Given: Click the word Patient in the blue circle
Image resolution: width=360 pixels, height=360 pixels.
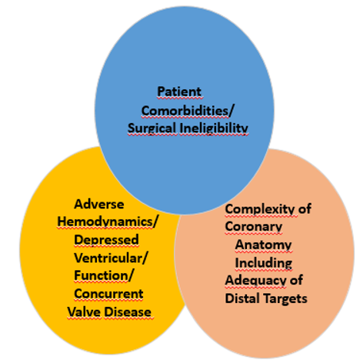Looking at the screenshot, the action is (x=179, y=92).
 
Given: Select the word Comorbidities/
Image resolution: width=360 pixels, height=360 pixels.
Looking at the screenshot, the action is (x=188, y=111).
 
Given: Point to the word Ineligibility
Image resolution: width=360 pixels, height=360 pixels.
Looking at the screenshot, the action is (x=214, y=128).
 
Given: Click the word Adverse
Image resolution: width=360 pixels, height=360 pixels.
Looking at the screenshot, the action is (x=99, y=205).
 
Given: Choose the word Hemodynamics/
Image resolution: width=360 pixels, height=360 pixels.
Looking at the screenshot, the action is (x=107, y=222).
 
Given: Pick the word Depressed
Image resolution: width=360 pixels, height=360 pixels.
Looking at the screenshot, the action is (x=106, y=240).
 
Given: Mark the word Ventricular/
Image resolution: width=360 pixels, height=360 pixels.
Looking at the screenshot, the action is (x=111, y=258).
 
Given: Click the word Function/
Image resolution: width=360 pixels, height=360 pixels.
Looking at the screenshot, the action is (x=104, y=276).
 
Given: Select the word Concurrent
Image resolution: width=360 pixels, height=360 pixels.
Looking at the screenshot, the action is (x=108, y=294).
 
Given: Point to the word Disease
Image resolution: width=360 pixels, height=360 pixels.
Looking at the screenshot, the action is (x=128, y=312).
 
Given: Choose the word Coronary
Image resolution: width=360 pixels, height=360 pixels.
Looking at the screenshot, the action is (x=254, y=227).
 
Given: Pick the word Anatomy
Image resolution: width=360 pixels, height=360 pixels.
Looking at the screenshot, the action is (x=263, y=245).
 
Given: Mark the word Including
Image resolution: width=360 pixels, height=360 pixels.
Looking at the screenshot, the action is (x=264, y=263).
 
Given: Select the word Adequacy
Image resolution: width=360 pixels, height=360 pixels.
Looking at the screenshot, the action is (x=255, y=280).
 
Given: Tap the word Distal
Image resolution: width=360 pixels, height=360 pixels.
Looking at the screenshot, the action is (x=242, y=298).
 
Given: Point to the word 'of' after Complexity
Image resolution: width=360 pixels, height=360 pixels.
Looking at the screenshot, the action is (x=305, y=208).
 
